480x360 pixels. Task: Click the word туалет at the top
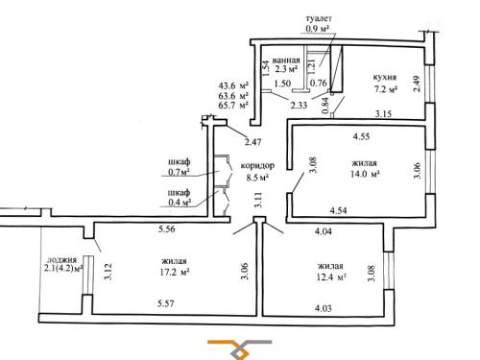[319, 18]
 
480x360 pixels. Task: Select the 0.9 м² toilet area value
[318, 29]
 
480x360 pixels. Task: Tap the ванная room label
[286, 60]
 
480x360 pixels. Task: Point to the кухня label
[385, 78]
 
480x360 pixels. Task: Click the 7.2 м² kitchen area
[386, 89]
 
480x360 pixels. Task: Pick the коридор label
[257, 166]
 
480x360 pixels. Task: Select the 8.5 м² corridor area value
[257, 177]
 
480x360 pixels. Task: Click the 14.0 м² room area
[365, 174]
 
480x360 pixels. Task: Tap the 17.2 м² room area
[174, 273]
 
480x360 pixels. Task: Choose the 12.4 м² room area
[331, 276]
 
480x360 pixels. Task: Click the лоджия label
[61, 260]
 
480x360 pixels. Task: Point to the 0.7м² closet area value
[179, 172]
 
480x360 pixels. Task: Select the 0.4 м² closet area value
[180, 203]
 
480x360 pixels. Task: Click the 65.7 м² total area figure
[233, 105]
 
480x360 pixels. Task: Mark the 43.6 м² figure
[233, 85]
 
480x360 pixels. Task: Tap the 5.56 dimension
[167, 228]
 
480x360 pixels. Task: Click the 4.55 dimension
[361, 136]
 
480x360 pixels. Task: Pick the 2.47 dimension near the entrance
[253, 142]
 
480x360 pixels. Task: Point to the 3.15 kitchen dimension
[383, 113]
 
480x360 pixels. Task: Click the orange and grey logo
[240, 349]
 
